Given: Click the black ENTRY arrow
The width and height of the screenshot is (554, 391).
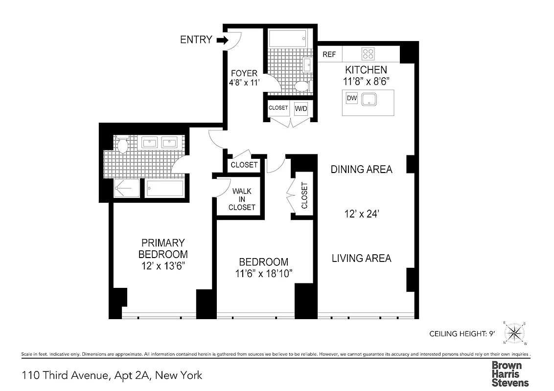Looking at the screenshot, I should click(x=222, y=40).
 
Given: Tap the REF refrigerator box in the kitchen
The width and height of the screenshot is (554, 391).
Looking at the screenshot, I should click(x=329, y=54).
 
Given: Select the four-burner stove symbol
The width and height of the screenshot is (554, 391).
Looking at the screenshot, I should click(x=368, y=54).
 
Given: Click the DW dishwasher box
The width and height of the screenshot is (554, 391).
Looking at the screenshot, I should click(x=351, y=98).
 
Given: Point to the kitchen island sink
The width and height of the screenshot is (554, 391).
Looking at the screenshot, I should click(x=369, y=100).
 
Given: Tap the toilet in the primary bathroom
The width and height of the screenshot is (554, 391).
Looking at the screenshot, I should click(x=122, y=144).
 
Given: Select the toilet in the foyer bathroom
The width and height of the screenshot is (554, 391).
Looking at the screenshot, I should click(x=301, y=87).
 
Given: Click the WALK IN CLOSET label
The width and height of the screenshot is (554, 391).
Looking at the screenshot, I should click(x=242, y=199).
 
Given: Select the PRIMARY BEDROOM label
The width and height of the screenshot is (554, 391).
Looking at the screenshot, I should click(x=163, y=248).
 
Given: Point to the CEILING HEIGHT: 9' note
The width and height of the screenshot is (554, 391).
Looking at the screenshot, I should click(x=462, y=334).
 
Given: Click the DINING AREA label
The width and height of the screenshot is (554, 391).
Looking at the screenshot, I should click(x=361, y=170).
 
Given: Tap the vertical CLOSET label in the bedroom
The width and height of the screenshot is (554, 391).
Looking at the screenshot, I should click(x=304, y=195).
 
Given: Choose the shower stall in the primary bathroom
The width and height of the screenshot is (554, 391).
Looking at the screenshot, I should click(x=127, y=189).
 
